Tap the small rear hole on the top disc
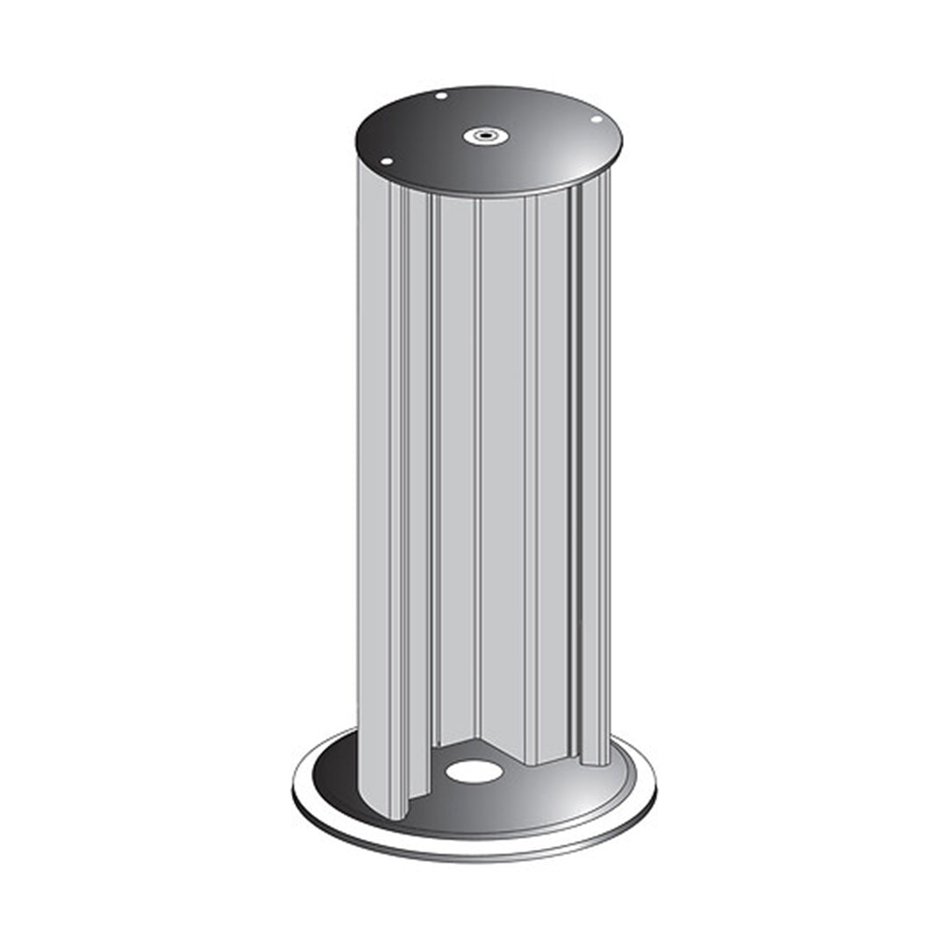pos(441,96)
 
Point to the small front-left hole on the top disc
pos(385,162)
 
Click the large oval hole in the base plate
pos(474,771)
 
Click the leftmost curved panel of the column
pos(373,483)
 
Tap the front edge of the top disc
pos(492,195)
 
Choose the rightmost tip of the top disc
pos(621,141)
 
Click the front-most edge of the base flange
pos(474,859)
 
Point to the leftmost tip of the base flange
pos(293,786)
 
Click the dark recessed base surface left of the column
pos(338,773)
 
